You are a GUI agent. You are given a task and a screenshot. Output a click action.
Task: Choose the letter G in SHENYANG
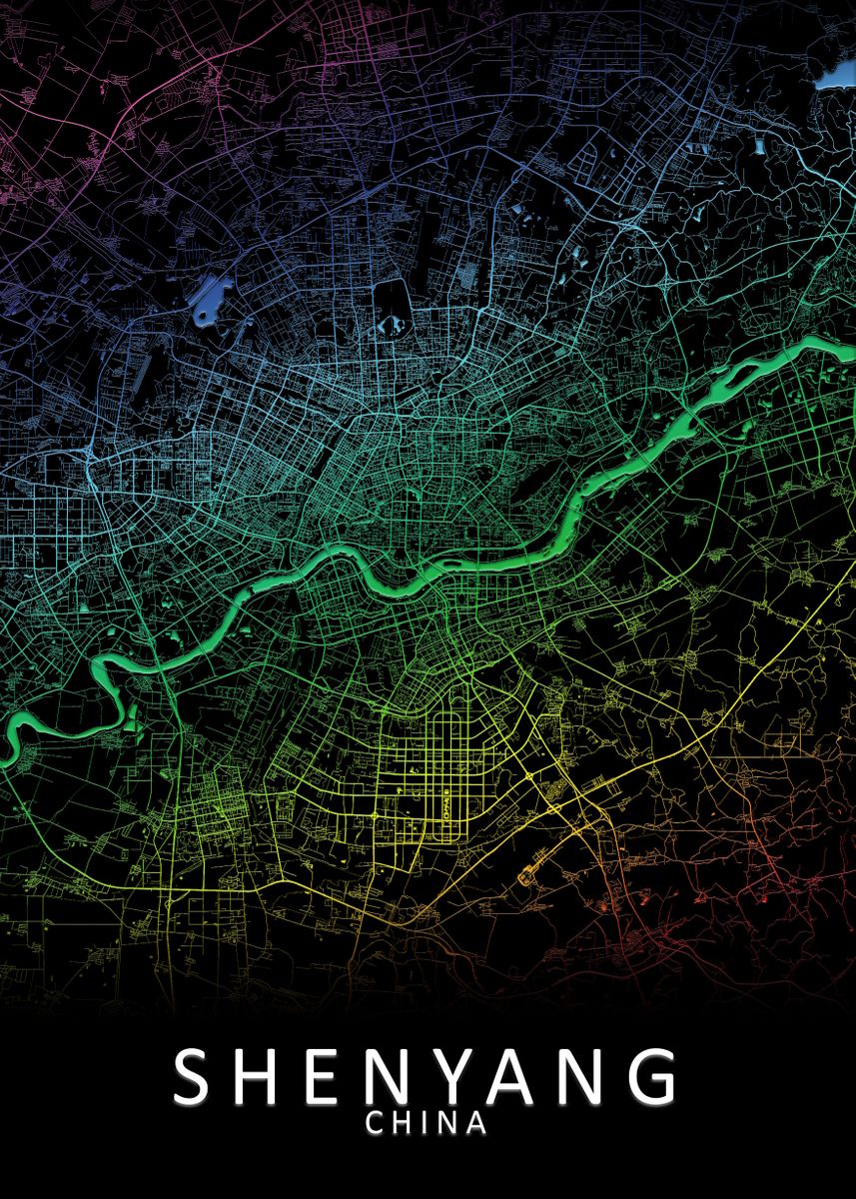[654, 1076]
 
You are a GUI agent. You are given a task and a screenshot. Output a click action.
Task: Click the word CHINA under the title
[427, 1123]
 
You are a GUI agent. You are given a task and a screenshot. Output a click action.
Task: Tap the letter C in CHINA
[376, 1123]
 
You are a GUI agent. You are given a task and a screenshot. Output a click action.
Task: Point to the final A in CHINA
[476, 1123]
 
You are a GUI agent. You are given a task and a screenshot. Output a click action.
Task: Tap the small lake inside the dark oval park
[393, 324]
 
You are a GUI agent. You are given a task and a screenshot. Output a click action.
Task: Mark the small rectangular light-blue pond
[760, 147]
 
